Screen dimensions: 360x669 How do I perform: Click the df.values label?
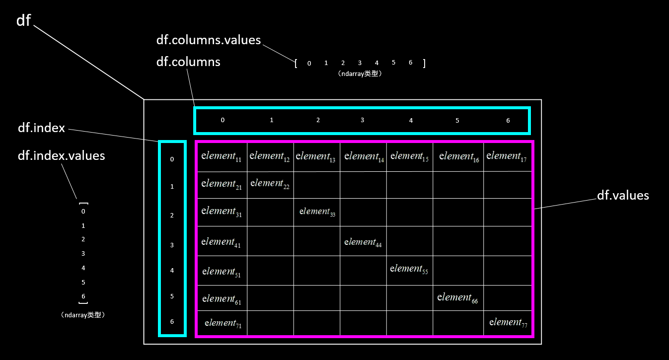click(623, 196)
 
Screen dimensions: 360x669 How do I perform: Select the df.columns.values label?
click(209, 40)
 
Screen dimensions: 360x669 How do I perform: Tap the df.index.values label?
click(62, 155)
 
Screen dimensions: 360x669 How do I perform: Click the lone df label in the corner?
click(24, 20)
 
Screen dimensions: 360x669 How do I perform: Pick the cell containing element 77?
click(508, 323)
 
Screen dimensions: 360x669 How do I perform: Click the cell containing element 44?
click(363, 242)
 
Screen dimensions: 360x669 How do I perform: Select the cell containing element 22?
click(270, 184)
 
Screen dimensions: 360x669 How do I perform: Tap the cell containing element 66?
click(458, 298)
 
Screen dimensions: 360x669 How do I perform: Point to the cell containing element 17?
click(507, 156)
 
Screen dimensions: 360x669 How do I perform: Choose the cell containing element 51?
click(222, 272)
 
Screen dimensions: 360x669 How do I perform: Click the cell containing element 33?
click(317, 212)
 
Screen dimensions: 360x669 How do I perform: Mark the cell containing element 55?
click(409, 269)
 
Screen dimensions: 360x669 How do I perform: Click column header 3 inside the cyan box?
click(363, 120)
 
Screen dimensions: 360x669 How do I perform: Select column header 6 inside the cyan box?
click(508, 121)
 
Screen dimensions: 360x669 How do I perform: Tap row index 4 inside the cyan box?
click(172, 271)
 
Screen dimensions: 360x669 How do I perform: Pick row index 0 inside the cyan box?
click(172, 159)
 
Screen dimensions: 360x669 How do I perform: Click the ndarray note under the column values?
click(359, 73)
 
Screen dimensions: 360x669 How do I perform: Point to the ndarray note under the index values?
click(83, 315)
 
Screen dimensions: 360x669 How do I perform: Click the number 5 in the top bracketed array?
click(393, 63)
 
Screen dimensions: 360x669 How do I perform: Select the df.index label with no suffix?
click(41, 128)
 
